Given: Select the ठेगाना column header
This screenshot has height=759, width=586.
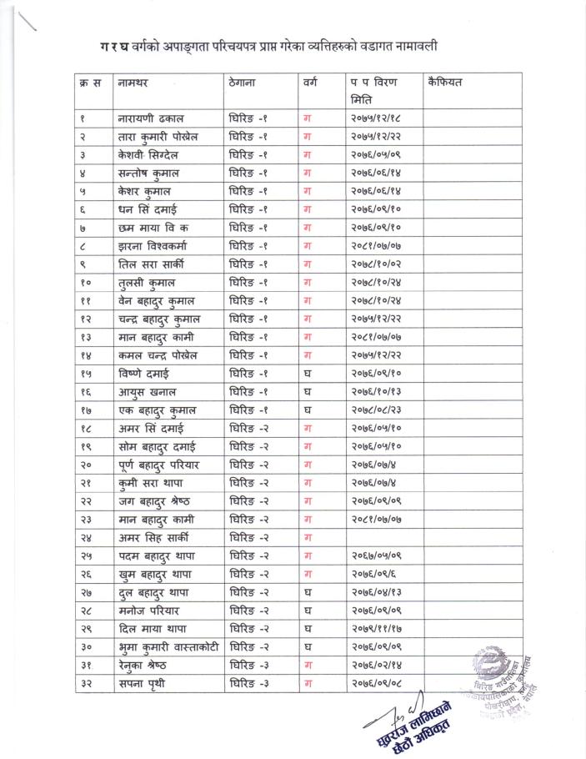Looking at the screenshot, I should (246, 83).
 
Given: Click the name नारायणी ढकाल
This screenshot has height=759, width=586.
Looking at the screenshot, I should (153, 118).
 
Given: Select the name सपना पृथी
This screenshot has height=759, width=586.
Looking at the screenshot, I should (145, 684).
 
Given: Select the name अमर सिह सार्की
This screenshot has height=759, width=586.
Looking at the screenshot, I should (157, 538).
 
